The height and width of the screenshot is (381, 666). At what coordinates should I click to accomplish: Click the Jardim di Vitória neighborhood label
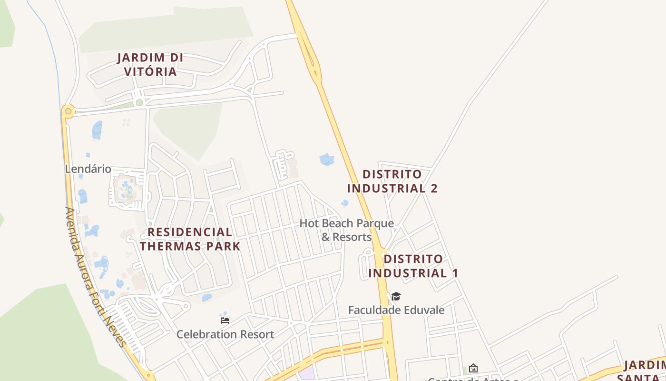coord(150,65)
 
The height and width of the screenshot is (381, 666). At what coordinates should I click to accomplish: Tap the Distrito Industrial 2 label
coord(392,181)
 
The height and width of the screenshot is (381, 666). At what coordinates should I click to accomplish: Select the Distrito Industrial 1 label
coord(413,266)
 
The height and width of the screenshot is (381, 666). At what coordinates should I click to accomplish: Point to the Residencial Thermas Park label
coord(190,239)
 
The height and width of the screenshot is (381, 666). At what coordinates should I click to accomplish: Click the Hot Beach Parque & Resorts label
coord(347,230)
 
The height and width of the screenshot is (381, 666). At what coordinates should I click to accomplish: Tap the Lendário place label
coord(88,169)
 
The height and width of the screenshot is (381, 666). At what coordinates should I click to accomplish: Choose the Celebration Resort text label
coord(225,334)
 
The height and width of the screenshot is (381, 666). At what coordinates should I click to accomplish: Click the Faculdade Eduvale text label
coord(396,311)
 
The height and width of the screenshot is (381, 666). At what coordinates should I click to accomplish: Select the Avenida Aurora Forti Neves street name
coord(95,276)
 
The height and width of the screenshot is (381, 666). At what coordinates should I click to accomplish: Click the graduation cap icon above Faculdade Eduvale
coord(396,297)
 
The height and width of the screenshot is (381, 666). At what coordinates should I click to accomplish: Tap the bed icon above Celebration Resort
coord(225,320)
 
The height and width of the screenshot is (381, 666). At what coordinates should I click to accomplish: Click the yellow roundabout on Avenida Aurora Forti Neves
coord(68,111)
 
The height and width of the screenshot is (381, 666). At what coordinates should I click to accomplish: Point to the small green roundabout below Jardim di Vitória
coord(139,102)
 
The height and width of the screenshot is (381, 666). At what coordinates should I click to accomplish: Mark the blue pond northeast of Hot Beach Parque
coord(327,159)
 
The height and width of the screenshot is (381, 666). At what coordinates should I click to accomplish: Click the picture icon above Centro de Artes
coord(473,368)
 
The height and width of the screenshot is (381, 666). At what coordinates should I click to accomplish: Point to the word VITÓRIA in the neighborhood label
coord(150,72)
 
